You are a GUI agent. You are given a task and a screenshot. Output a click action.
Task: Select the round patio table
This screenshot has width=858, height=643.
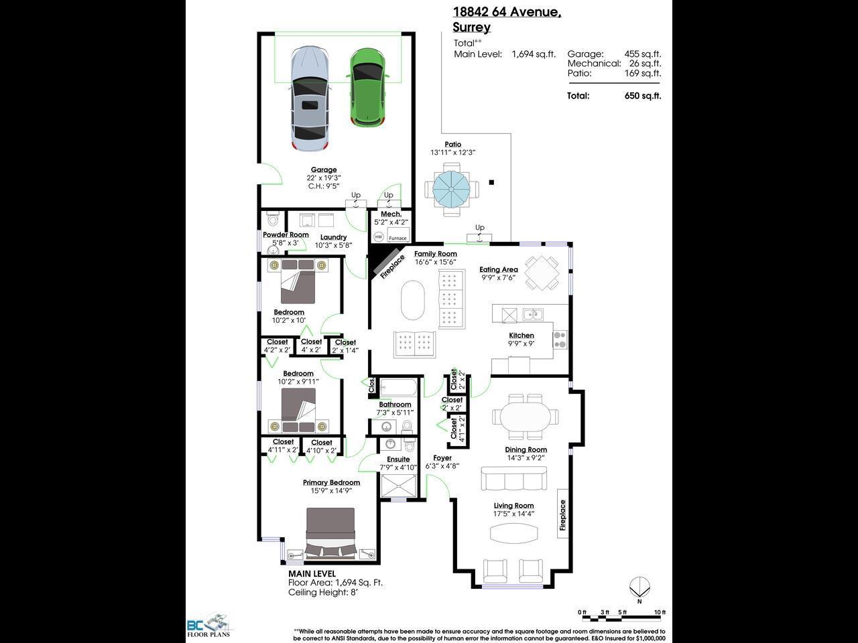(452, 190)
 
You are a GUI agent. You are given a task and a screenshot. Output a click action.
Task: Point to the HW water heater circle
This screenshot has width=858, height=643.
(379, 236)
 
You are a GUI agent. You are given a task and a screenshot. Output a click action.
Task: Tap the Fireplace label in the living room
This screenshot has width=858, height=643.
(563, 515)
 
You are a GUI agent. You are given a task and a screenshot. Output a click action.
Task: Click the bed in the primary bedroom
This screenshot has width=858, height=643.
(330, 532)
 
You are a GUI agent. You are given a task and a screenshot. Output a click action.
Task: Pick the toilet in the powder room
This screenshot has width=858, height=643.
(272, 220)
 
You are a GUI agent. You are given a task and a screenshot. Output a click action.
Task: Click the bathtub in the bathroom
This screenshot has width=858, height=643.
(396, 388)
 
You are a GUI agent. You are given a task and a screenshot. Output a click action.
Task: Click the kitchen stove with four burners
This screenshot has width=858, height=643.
(560, 340)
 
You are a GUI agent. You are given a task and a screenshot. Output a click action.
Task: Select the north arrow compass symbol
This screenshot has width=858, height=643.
(639, 588)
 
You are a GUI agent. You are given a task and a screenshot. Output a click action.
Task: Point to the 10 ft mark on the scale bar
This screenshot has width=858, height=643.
(659, 612)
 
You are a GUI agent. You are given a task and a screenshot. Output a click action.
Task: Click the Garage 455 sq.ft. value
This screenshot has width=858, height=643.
(642, 54)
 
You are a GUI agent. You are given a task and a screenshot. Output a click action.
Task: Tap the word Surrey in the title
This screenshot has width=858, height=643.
(471, 27)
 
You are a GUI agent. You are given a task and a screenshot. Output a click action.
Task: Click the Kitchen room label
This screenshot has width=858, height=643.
(522, 336)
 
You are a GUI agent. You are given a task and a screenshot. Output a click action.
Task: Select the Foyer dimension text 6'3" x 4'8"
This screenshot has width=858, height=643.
(442, 466)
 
